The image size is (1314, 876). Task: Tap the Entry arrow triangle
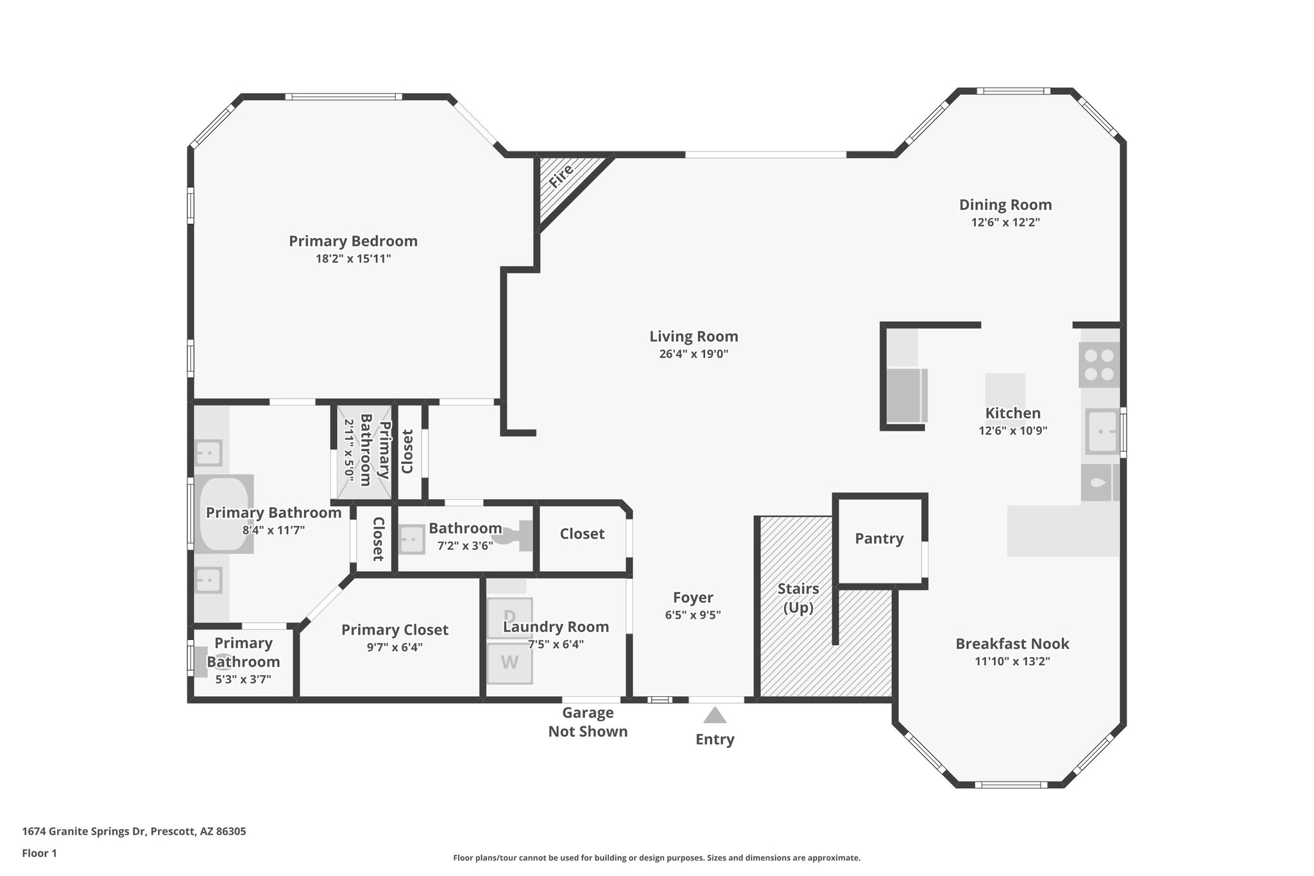(714, 716)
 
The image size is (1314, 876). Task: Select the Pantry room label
(879, 539)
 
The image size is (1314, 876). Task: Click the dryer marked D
(509, 617)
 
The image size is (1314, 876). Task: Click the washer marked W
(509, 663)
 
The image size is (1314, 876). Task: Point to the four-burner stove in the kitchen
(1098, 365)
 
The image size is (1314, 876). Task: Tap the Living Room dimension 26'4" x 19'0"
(694, 354)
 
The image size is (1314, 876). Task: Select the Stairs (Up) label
(798, 597)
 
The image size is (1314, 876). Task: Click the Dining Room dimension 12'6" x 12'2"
(1005, 223)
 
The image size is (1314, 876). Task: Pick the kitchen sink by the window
(1102, 431)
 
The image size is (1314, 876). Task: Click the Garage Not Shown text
(587, 722)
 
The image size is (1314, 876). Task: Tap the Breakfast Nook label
(1012, 644)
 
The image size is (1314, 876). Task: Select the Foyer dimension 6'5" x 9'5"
(693, 615)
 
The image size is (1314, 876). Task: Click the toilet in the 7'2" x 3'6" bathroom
(518, 537)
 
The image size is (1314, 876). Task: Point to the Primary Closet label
(395, 630)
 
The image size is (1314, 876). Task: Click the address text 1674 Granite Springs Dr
(133, 832)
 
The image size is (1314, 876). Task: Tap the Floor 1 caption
(39, 854)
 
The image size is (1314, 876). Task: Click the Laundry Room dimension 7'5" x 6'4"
(556, 644)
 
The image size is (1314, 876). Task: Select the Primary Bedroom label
(353, 241)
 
